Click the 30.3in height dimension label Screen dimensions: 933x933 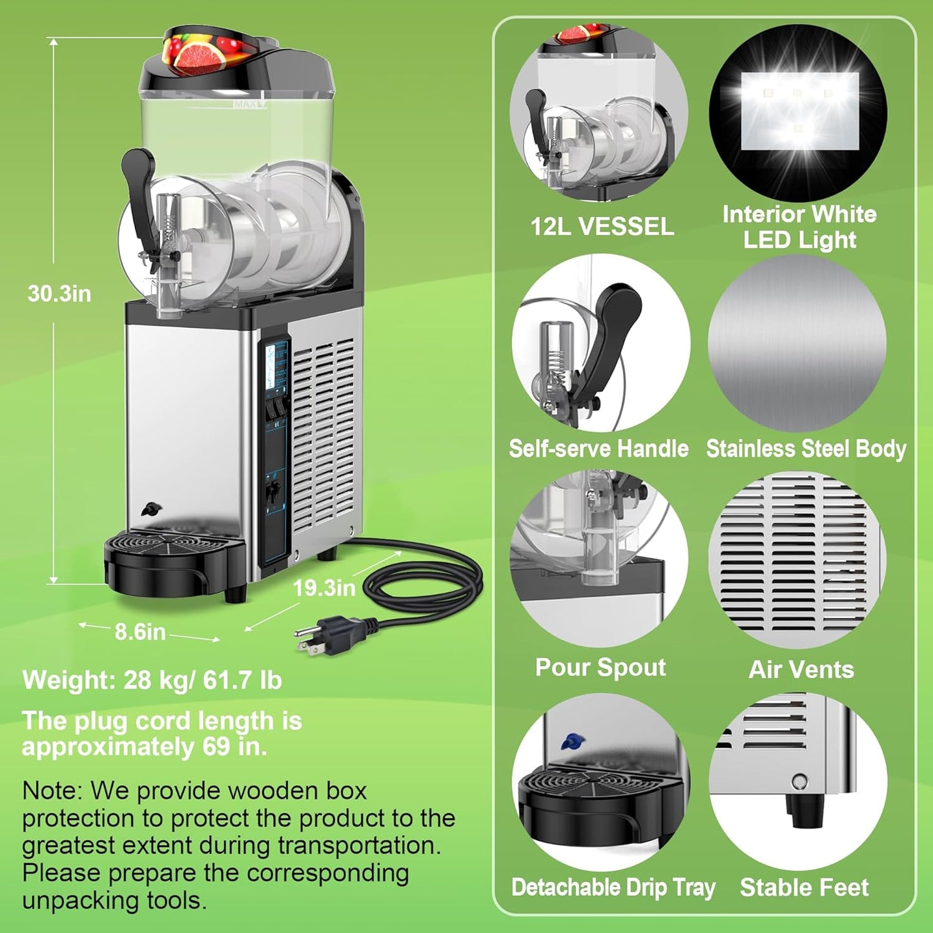point(59,294)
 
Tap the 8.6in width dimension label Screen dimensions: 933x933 point(140,631)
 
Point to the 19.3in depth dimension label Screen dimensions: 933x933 point(324,588)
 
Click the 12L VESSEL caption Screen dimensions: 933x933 point(602,227)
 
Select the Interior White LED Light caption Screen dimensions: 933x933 point(799,227)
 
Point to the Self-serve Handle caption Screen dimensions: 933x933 point(599,448)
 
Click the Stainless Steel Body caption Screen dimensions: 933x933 point(806,448)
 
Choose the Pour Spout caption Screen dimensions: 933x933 point(600,667)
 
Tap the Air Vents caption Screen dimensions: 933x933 point(801,670)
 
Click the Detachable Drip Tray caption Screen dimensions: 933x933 point(613,887)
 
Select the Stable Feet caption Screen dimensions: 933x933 point(805,887)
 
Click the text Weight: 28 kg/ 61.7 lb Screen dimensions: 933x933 point(152,680)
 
